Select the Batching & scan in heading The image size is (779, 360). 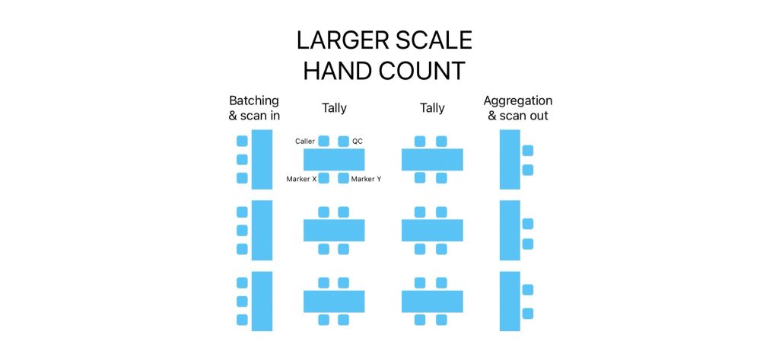tap(254, 108)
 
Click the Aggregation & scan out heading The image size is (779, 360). tap(518, 108)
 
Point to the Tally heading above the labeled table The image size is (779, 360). tap(335, 108)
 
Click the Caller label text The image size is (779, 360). tap(305, 142)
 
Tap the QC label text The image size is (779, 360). tap(358, 142)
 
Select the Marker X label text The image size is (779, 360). tap(301, 179)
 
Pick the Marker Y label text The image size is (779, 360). tap(366, 179)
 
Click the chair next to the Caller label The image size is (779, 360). tap(324, 142)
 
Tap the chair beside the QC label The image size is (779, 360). tap(343, 142)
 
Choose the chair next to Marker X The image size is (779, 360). tap(324, 178)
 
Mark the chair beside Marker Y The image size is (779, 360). tap(343, 178)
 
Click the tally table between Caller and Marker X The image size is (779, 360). tap(334, 160)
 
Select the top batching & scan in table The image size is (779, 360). tap(262, 160)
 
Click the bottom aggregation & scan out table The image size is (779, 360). tap(510, 301)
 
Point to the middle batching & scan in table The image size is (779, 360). tap(262, 230)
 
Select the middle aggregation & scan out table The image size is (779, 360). tap(510, 230)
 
